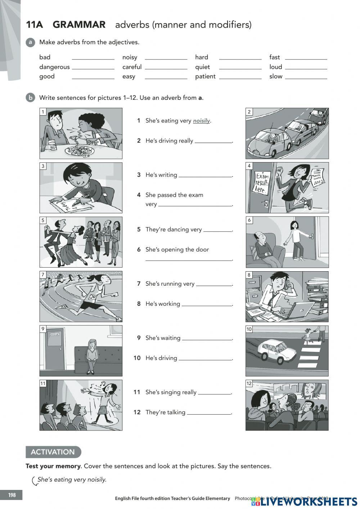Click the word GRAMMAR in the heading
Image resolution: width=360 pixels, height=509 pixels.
pyautogui.click(x=79, y=24)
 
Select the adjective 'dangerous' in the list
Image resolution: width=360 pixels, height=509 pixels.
pyautogui.click(x=54, y=67)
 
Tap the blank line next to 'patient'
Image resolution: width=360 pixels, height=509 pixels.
pyautogui.click(x=240, y=77)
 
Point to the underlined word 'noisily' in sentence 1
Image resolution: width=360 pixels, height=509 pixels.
pyautogui.click(x=201, y=121)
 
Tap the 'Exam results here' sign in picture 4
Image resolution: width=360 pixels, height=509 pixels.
pyautogui.click(x=262, y=183)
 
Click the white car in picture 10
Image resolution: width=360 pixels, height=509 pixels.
pyautogui.click(x=276, y=348)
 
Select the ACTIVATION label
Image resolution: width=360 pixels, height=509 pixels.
pyautogui.click(x=53, y=452)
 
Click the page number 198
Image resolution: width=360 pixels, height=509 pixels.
pyautogui.click(x=12, y=495)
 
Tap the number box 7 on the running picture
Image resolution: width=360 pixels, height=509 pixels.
pyautogui.click(x=43, y=274)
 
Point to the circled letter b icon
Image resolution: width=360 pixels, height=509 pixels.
pyautogui.click(x=30, y=98)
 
